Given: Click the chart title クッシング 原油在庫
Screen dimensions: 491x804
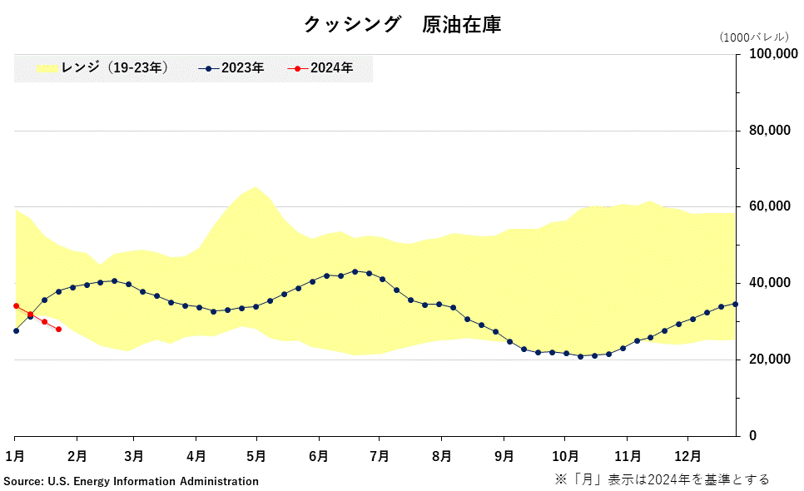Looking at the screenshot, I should click(x=402, y=25).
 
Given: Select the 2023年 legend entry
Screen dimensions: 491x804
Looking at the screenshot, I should click(x=232, y=68).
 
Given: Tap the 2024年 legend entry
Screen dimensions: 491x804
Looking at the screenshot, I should click(x=320, y=68).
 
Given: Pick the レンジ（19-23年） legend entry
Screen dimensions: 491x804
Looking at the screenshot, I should click(x=104, y=68).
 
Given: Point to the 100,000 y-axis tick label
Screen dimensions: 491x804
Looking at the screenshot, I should click(x=769, y=54).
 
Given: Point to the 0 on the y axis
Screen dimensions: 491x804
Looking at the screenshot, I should click(x=753, y=436).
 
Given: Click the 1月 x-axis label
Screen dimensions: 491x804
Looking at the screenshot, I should click(x=14, y=456).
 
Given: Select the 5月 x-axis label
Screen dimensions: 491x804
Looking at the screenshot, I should click(x=256, y=456).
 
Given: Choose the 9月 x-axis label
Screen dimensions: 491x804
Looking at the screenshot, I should click(x=503, y=456).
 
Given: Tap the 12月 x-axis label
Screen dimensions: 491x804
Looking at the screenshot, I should click(x=687, y=456).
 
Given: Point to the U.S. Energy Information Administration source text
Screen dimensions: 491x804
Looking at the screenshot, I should click(x=131, y=481).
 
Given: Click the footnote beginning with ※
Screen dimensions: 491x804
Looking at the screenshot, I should click(x=662, y=479).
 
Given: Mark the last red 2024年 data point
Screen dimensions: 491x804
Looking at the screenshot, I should click(x=58, y=330).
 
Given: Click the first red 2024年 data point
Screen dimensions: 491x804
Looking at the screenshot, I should click(x=16, y=305).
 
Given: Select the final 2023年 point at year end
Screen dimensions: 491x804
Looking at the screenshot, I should click(x=735, y=304).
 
